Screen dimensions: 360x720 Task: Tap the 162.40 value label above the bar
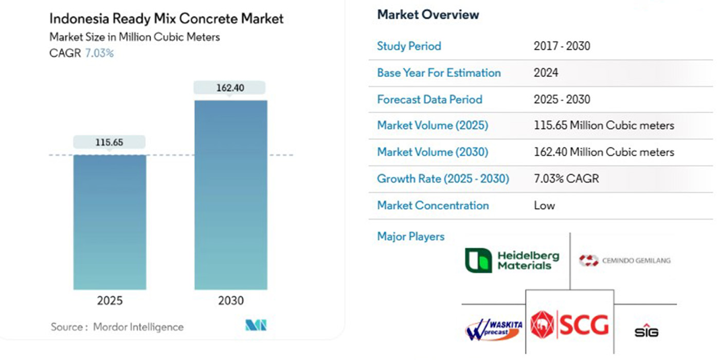tap(230, 88)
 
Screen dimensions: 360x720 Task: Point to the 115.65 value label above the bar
tap(109, 142)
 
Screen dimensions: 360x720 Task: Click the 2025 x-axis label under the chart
tap(110, 301)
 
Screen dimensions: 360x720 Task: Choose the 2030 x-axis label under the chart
tap(230, 301)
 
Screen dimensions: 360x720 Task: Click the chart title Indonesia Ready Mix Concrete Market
tap(167, 19)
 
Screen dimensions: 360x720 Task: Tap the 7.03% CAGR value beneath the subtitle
tap(99, 53)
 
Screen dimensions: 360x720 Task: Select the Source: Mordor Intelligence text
tap(117, 327)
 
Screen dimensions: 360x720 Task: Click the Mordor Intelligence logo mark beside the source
tap(256, 325)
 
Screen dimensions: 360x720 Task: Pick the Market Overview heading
tap(428, 15)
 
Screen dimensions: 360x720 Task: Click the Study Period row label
tap(409, 46)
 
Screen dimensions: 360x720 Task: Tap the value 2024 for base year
tap(546, 73)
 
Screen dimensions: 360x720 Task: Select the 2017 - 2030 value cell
tap(562, 46)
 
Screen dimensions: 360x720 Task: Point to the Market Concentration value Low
tap(544, 206)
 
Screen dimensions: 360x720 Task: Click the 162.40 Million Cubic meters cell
tap(604, 152)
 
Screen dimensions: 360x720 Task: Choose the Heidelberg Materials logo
tap(512, 260)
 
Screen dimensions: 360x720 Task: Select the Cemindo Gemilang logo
tap(624, 261)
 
